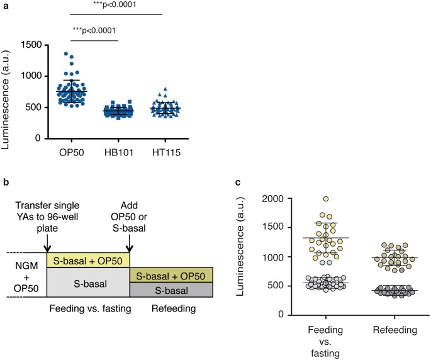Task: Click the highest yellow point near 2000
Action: (x=326, y=199)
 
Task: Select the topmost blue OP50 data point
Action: (x=65, y=55)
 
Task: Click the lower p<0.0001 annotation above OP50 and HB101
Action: (x=92, y=30)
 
